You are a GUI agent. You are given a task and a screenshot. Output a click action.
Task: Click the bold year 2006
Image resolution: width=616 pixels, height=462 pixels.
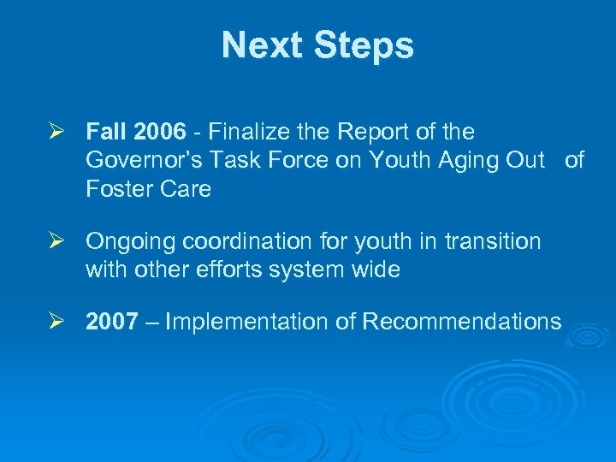[158, 133]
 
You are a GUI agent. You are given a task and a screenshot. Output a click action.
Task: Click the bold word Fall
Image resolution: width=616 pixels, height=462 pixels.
[106, 133]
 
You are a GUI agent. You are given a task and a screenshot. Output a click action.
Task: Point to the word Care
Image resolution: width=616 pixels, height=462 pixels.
[184, 189]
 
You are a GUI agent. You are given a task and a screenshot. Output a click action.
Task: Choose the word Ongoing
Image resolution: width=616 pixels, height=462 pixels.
[125, 242]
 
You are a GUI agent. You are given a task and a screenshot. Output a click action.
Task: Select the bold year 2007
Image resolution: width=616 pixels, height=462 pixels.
[112, 322]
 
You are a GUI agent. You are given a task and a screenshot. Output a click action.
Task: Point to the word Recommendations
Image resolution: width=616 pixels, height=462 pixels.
[462, 322]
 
